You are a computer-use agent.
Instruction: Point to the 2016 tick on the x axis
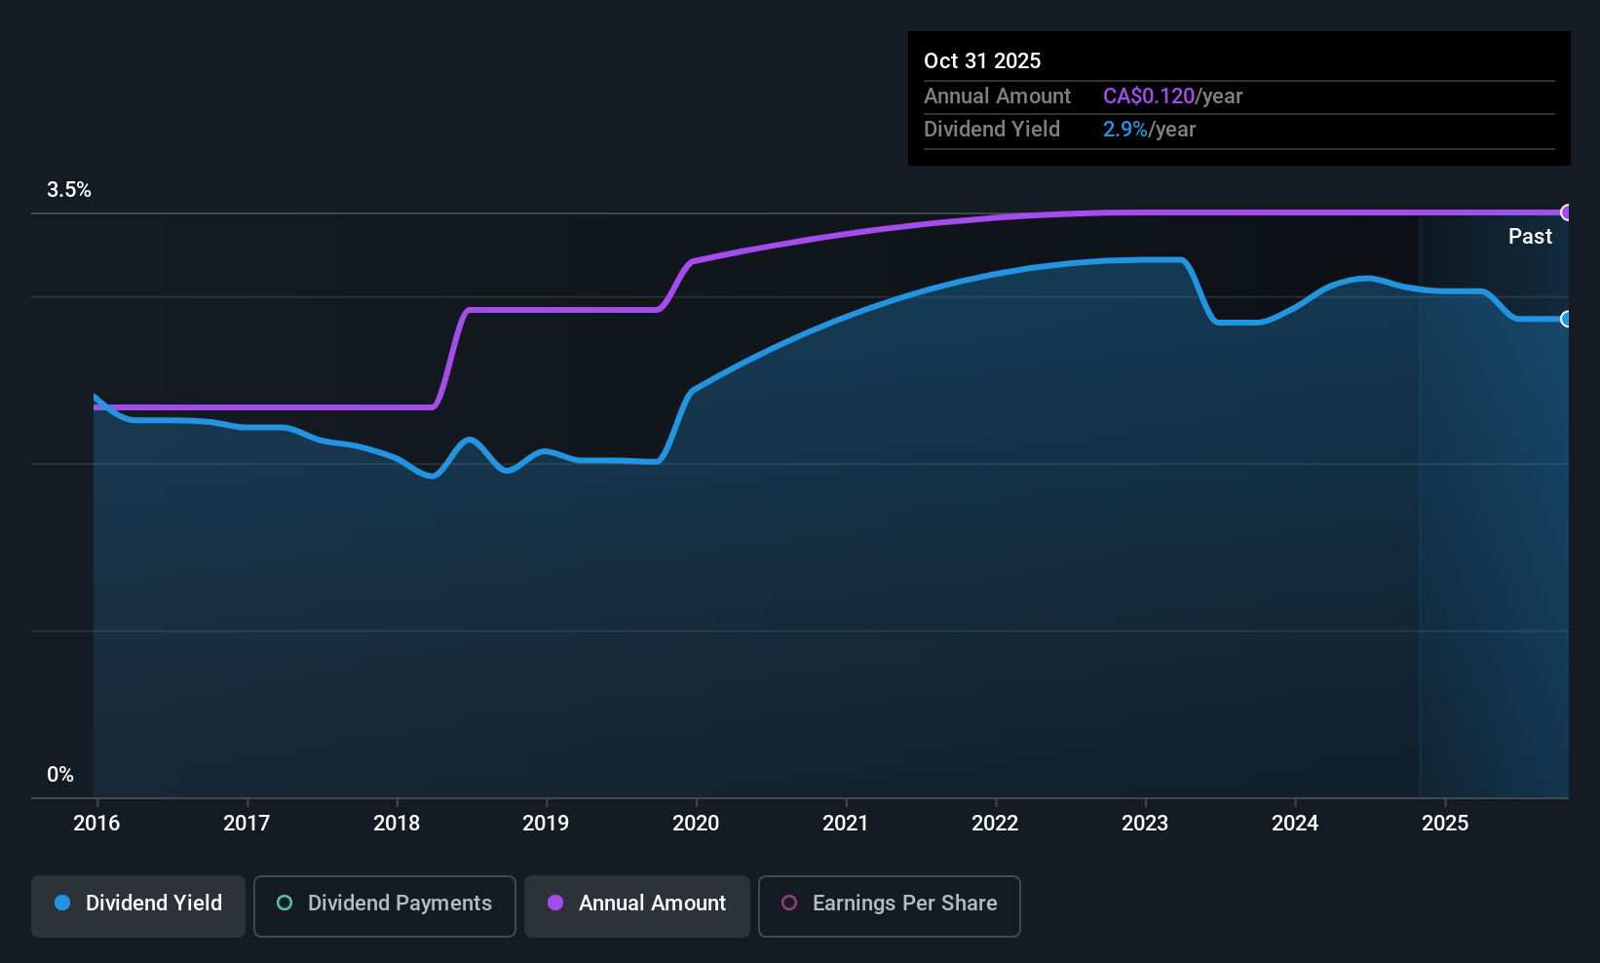(x=96, y=823)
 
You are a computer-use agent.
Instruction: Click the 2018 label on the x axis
(x=397, y=823)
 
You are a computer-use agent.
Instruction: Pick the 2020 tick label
(x=696, y=823)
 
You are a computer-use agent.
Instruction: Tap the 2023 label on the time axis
(x=1145, y=823)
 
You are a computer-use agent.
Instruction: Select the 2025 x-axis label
(x=1445, y=823)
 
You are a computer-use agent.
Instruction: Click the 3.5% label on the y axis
(x=69, y=190)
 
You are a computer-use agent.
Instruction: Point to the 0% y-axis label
(x=60, y=775)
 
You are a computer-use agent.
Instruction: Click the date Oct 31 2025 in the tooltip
(x=982, y=60)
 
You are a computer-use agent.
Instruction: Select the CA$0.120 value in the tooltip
(x=1149, y=96)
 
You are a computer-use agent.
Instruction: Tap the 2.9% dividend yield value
(x=1124, y=130)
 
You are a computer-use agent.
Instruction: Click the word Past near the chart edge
(x=1530, y=236)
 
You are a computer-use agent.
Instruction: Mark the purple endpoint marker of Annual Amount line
(x=1567, y=212)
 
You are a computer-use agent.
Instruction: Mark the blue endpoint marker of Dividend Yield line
(x=1567, y=319)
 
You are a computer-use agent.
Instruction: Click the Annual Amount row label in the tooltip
(x=997, y=96)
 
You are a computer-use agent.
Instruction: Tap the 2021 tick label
(x=846, y=823)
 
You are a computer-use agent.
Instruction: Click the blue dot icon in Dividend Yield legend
(x=62, y=904)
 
